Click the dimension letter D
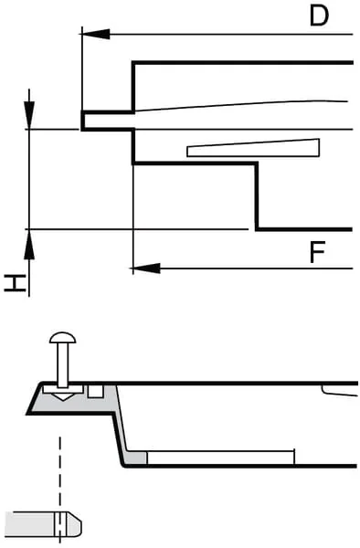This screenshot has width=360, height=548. coord(319,16)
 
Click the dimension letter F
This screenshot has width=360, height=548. coord(318,252)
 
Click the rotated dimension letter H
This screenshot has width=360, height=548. coord(16,283)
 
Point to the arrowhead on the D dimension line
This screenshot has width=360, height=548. coord(95,35)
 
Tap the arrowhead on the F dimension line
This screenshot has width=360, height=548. coord(146,269)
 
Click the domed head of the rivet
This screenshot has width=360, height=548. coord(62,338)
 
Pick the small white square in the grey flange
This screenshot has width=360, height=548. coord(95,392)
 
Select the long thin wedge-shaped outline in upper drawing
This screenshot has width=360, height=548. coord(253,148)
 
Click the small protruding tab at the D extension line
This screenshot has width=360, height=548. coord(108,121)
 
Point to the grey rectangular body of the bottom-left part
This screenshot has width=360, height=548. coord(33,523)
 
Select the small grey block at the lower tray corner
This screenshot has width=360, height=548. coord(137,458)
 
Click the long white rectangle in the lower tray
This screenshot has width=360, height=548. coord(220,458)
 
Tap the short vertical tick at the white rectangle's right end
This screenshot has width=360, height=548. coord(294,457)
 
